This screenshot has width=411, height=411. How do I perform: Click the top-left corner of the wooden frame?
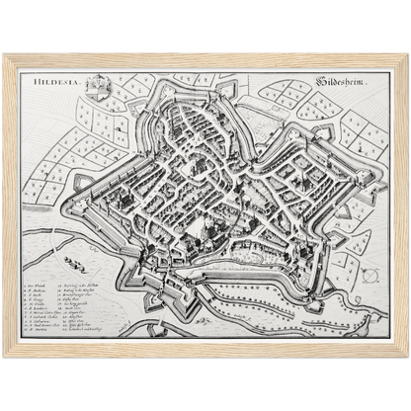point(5,55)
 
